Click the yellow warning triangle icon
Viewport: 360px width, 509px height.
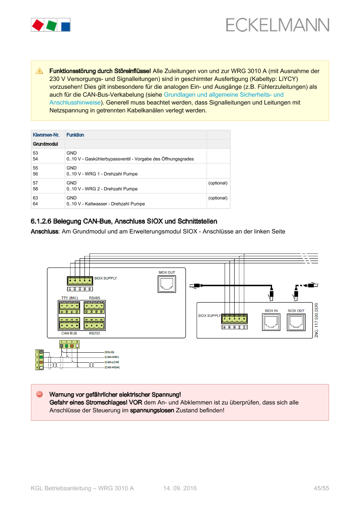(x=39, y=71)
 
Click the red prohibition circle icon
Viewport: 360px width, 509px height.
(x=39, y=394)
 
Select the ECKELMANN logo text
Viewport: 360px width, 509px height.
(x=277, y=25)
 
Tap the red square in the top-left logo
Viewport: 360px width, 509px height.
(x=37, y=25)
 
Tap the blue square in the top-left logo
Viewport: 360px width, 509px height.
(x=65, y=25)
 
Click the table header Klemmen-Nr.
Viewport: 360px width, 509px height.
(x=46, y=135)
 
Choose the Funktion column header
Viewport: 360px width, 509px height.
(x=75, y=135)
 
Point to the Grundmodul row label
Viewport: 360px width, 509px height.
(x=46, y=144)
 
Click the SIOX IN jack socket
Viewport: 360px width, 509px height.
(x=271, y=323)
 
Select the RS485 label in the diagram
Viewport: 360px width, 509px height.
(x=94, y=298)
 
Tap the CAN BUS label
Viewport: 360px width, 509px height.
(x=69, y=333)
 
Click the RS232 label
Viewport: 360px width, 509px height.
(x=94, y=333)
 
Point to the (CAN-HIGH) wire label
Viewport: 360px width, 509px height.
(x=112, y=367)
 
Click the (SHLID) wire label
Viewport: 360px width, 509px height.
(x=109, y=352)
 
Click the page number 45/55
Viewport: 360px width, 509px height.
(x=321, y=488)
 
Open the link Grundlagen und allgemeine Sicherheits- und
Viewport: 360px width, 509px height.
(x=223, y=94)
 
